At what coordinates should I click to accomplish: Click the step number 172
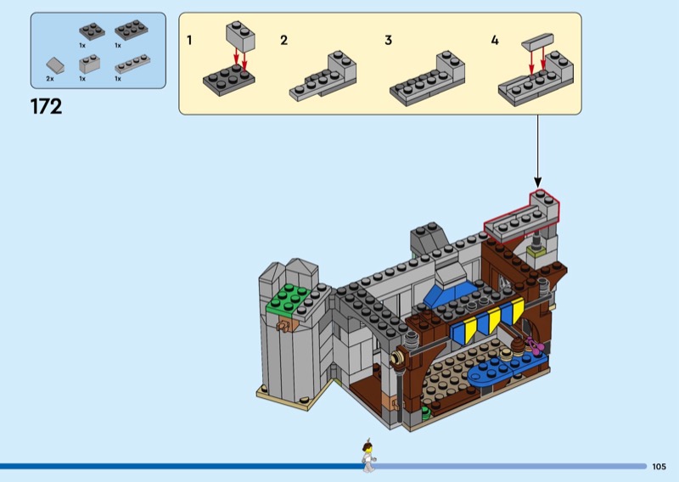click(x=46, y=107)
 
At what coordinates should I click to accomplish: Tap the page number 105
click(x=659, y=467)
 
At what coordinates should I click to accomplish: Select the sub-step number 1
click(x=189, y=40)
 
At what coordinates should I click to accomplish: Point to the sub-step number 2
click(x=283, y=40)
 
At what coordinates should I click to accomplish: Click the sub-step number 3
click(x=388, y=40)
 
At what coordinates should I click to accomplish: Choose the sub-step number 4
click(x=495, y=40)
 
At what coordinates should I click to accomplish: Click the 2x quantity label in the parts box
click(x=50, y=79)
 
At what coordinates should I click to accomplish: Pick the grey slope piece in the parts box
click(x=55, y=65)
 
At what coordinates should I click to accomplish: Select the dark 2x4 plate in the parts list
click(x=132, y=30)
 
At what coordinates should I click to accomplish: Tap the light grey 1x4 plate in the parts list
click(x=132, y=64)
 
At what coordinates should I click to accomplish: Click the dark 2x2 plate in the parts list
click(x=92, y=31)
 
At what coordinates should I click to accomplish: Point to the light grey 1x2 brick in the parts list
click(x=90, y=64)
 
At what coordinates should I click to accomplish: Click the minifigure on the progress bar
click(x=368, y=456)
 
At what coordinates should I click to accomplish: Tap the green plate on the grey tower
click(x=289, y=299)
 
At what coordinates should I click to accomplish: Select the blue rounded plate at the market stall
click(x=507, y=369)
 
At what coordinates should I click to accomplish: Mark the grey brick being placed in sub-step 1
click(x=240, y=36)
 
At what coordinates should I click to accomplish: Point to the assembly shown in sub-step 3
click(x=428, y=79)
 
